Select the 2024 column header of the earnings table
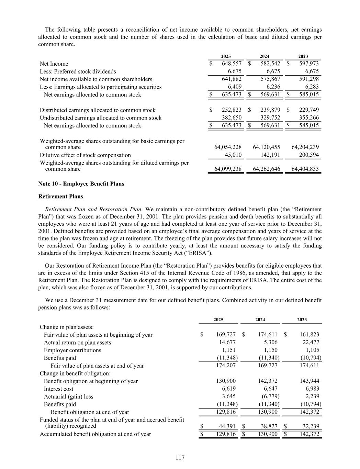(265, 56)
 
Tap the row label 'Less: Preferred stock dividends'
(78, 71)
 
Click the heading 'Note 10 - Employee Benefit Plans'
(81, 183)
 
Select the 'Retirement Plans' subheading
(60, 197)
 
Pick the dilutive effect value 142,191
(270, 155)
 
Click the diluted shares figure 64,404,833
(305, 169)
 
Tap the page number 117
(180, 458)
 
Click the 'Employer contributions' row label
(72, 350)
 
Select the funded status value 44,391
(227, 426)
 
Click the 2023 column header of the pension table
(302, 320)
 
